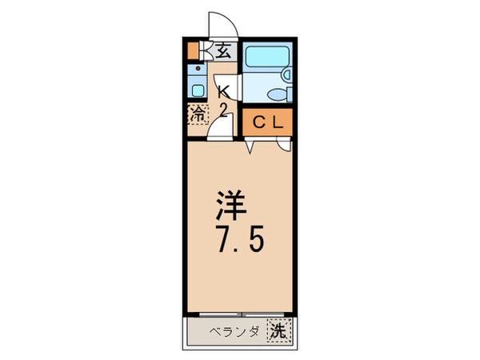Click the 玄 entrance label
[224, 51]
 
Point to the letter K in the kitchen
[225, 90]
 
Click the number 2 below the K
[225, 109]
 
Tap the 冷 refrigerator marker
[197, 114]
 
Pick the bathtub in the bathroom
[263, 58]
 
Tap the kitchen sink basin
[197, 88]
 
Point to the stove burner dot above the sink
[197, 70]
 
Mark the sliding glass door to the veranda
[240, 313]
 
